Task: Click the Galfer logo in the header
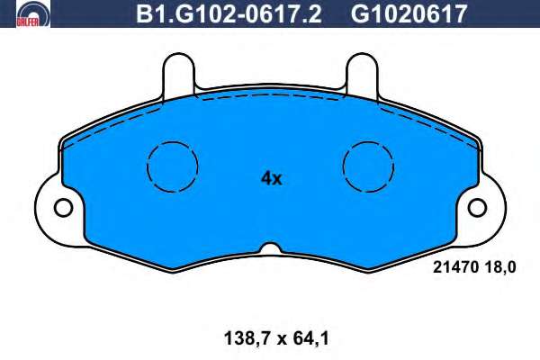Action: coord(33,13)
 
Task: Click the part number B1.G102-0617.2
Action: coord(229,13)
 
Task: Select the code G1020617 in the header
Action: coord(409,13)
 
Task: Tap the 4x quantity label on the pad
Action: coord(272,178)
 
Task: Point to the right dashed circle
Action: coord(343,167)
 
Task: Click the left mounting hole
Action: coord(63,208)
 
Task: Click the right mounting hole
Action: coord(477,208)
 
